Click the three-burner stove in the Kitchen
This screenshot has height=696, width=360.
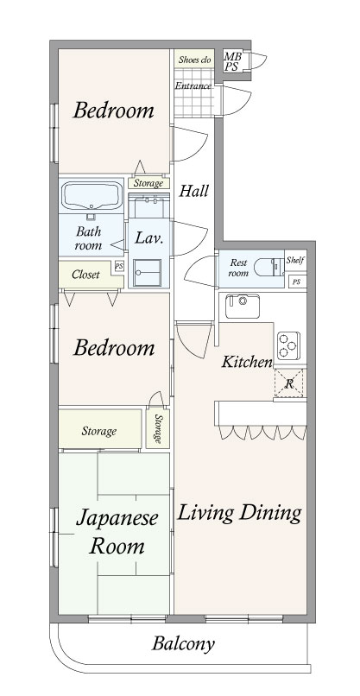(287, 344)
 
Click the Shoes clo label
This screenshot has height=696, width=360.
(194, 60)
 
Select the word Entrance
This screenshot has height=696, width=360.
(193, 86)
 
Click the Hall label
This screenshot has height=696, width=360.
(193, 192)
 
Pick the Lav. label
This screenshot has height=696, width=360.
(148, 237)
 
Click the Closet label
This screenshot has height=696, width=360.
(85, 275)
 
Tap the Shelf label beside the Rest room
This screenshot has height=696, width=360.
(295, 259)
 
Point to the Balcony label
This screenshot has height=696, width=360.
(183, 643)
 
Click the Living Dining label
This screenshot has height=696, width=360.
(239, 513)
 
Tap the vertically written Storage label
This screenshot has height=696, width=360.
(158, 428)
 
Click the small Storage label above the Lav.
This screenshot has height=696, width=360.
(146, 183)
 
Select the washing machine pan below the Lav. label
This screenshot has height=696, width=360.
(146, 272)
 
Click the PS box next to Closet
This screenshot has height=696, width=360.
(118, 267)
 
